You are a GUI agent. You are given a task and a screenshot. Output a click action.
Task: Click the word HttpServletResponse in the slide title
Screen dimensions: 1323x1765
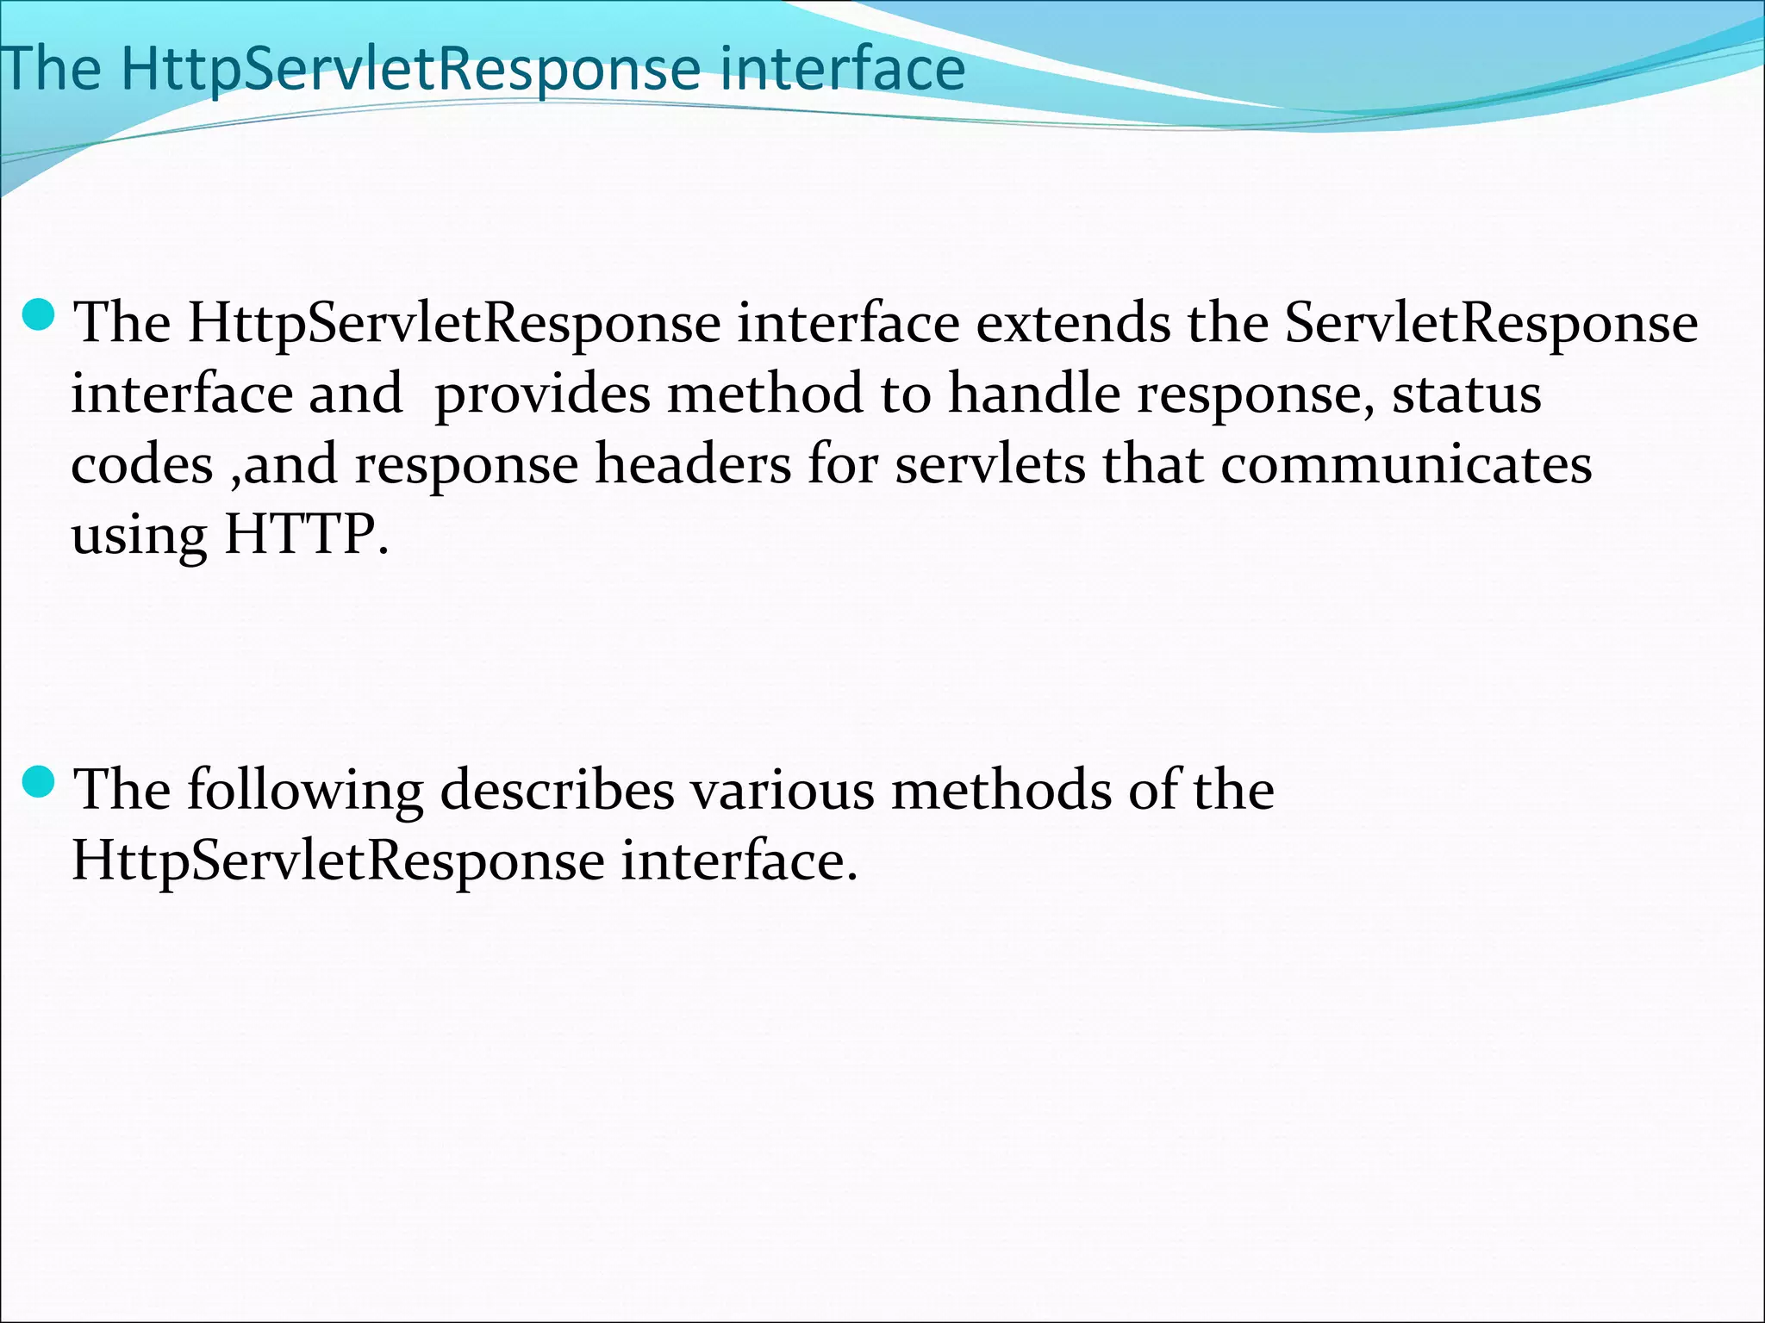[x=410, y=69]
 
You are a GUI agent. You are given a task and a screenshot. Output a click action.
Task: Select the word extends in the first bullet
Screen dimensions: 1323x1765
[x=1073, y=324]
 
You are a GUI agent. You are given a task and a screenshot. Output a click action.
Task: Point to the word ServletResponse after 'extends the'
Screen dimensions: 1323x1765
[x=1491, y=324]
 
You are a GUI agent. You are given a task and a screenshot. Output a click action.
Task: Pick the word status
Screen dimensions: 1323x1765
[x=1467, y=394]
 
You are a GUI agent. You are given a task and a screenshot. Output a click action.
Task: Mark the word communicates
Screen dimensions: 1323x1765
[x=1406, y=465]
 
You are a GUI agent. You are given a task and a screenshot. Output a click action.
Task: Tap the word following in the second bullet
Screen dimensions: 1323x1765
[x=305, y=791]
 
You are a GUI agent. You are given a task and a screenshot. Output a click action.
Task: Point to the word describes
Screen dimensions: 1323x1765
[x=557, y=791]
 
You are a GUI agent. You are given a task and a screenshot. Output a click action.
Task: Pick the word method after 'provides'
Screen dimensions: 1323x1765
[x=765, y=394]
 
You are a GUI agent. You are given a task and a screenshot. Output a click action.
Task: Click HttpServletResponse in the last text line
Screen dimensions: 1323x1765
[x=338, y=861]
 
